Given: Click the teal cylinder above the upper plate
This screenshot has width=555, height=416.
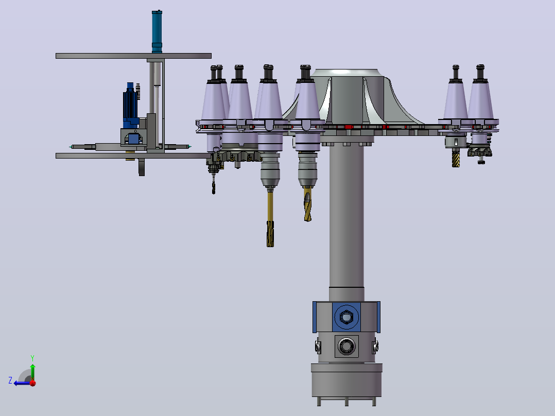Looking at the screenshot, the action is point(157,31).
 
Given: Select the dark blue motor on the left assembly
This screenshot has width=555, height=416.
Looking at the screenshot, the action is point(130,106).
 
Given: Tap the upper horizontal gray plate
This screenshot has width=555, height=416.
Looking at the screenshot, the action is point(133,56).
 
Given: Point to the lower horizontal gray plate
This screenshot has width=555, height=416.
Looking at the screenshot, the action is point(133,156).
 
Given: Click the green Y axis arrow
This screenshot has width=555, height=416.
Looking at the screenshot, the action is point(32,370).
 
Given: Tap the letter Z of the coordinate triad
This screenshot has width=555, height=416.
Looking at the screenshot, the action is point(10,380).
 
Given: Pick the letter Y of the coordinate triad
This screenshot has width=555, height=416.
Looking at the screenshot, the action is point(32,358).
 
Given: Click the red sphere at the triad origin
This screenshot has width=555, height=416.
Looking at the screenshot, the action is point(33,383).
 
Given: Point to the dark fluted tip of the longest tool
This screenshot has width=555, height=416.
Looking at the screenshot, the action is point(270,234).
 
